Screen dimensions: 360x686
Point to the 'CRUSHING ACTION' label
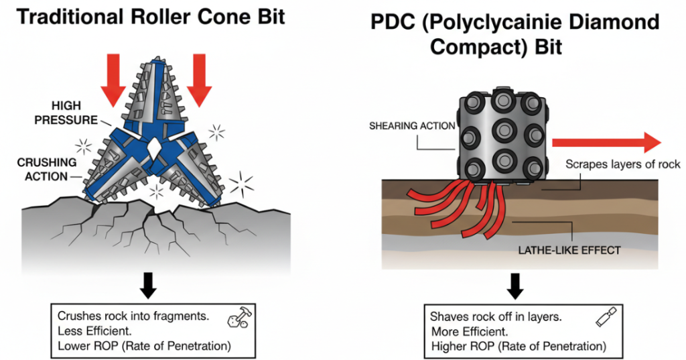[48, 170]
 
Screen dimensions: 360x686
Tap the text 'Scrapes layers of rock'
[622, 164]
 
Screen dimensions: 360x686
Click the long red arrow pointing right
[606, 141]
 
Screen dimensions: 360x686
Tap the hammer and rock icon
[235, 318]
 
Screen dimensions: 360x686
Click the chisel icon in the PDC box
[604, 317]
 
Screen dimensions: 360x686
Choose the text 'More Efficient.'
[467, 331]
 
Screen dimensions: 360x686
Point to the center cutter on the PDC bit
[502, 128]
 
